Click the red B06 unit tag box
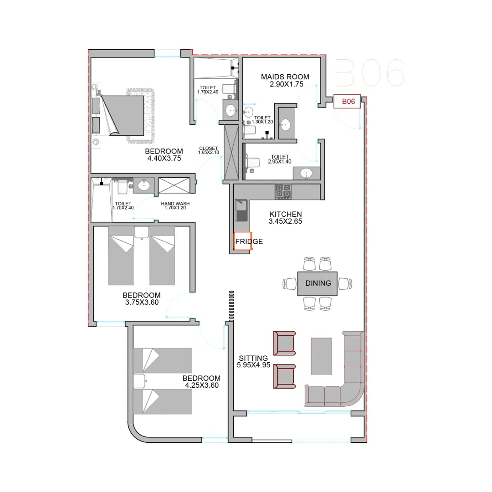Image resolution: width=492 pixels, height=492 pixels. [x=347, y=101]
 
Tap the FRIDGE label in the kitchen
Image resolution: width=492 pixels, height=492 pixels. [x=249, y=241]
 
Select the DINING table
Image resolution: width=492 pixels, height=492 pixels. [x=317, y=284]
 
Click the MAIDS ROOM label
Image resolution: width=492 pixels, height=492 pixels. [x=285, y=77]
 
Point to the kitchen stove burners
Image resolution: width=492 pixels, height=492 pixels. [x=283, y=191]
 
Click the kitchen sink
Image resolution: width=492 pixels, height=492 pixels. [x=241, y=210]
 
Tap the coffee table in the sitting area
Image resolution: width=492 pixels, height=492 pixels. [x=321, y=356]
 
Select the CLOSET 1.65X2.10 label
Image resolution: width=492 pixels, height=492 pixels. [x=208, y=150]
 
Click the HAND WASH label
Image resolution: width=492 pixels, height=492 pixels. [x=175, y=204]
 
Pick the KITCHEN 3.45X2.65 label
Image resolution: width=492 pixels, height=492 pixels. [x=285, y=218]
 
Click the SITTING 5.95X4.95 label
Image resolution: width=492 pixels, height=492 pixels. [x=253, y=361]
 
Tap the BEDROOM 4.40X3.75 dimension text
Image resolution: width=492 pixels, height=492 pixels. [x=164, y=159]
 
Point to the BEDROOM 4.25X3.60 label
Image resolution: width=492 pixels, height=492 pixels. [x=201, y=382]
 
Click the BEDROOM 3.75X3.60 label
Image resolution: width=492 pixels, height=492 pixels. [x=142, y=299]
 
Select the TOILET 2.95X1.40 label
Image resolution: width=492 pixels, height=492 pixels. [x=280, y=159]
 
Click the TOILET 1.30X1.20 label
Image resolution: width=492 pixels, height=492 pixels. [x=262, y=120]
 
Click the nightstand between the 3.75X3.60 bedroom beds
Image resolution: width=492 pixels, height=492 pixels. [x=142, y=232]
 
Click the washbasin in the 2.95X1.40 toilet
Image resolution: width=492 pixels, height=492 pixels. [x=306, y=173]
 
